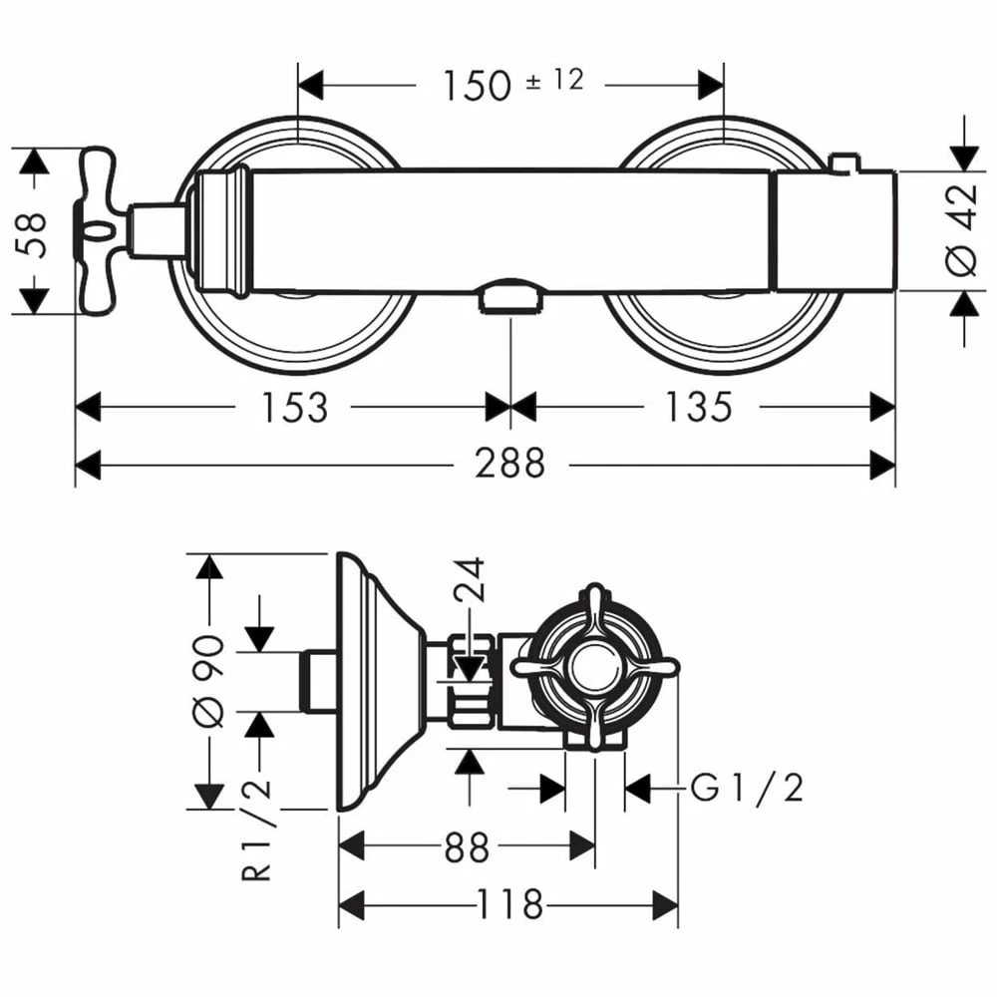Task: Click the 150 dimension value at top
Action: tap(477, 86)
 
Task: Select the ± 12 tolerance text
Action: tap(554, 80)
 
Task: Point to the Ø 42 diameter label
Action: tap(961, 231)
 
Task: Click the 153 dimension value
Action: tap(294, 407)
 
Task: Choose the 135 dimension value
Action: tap(699, 407)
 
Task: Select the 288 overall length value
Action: tap(509, 463)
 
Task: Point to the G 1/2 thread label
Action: tap(747, 789)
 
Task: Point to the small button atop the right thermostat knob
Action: tap(845, 164)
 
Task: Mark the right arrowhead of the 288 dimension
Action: tap(882, 463)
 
